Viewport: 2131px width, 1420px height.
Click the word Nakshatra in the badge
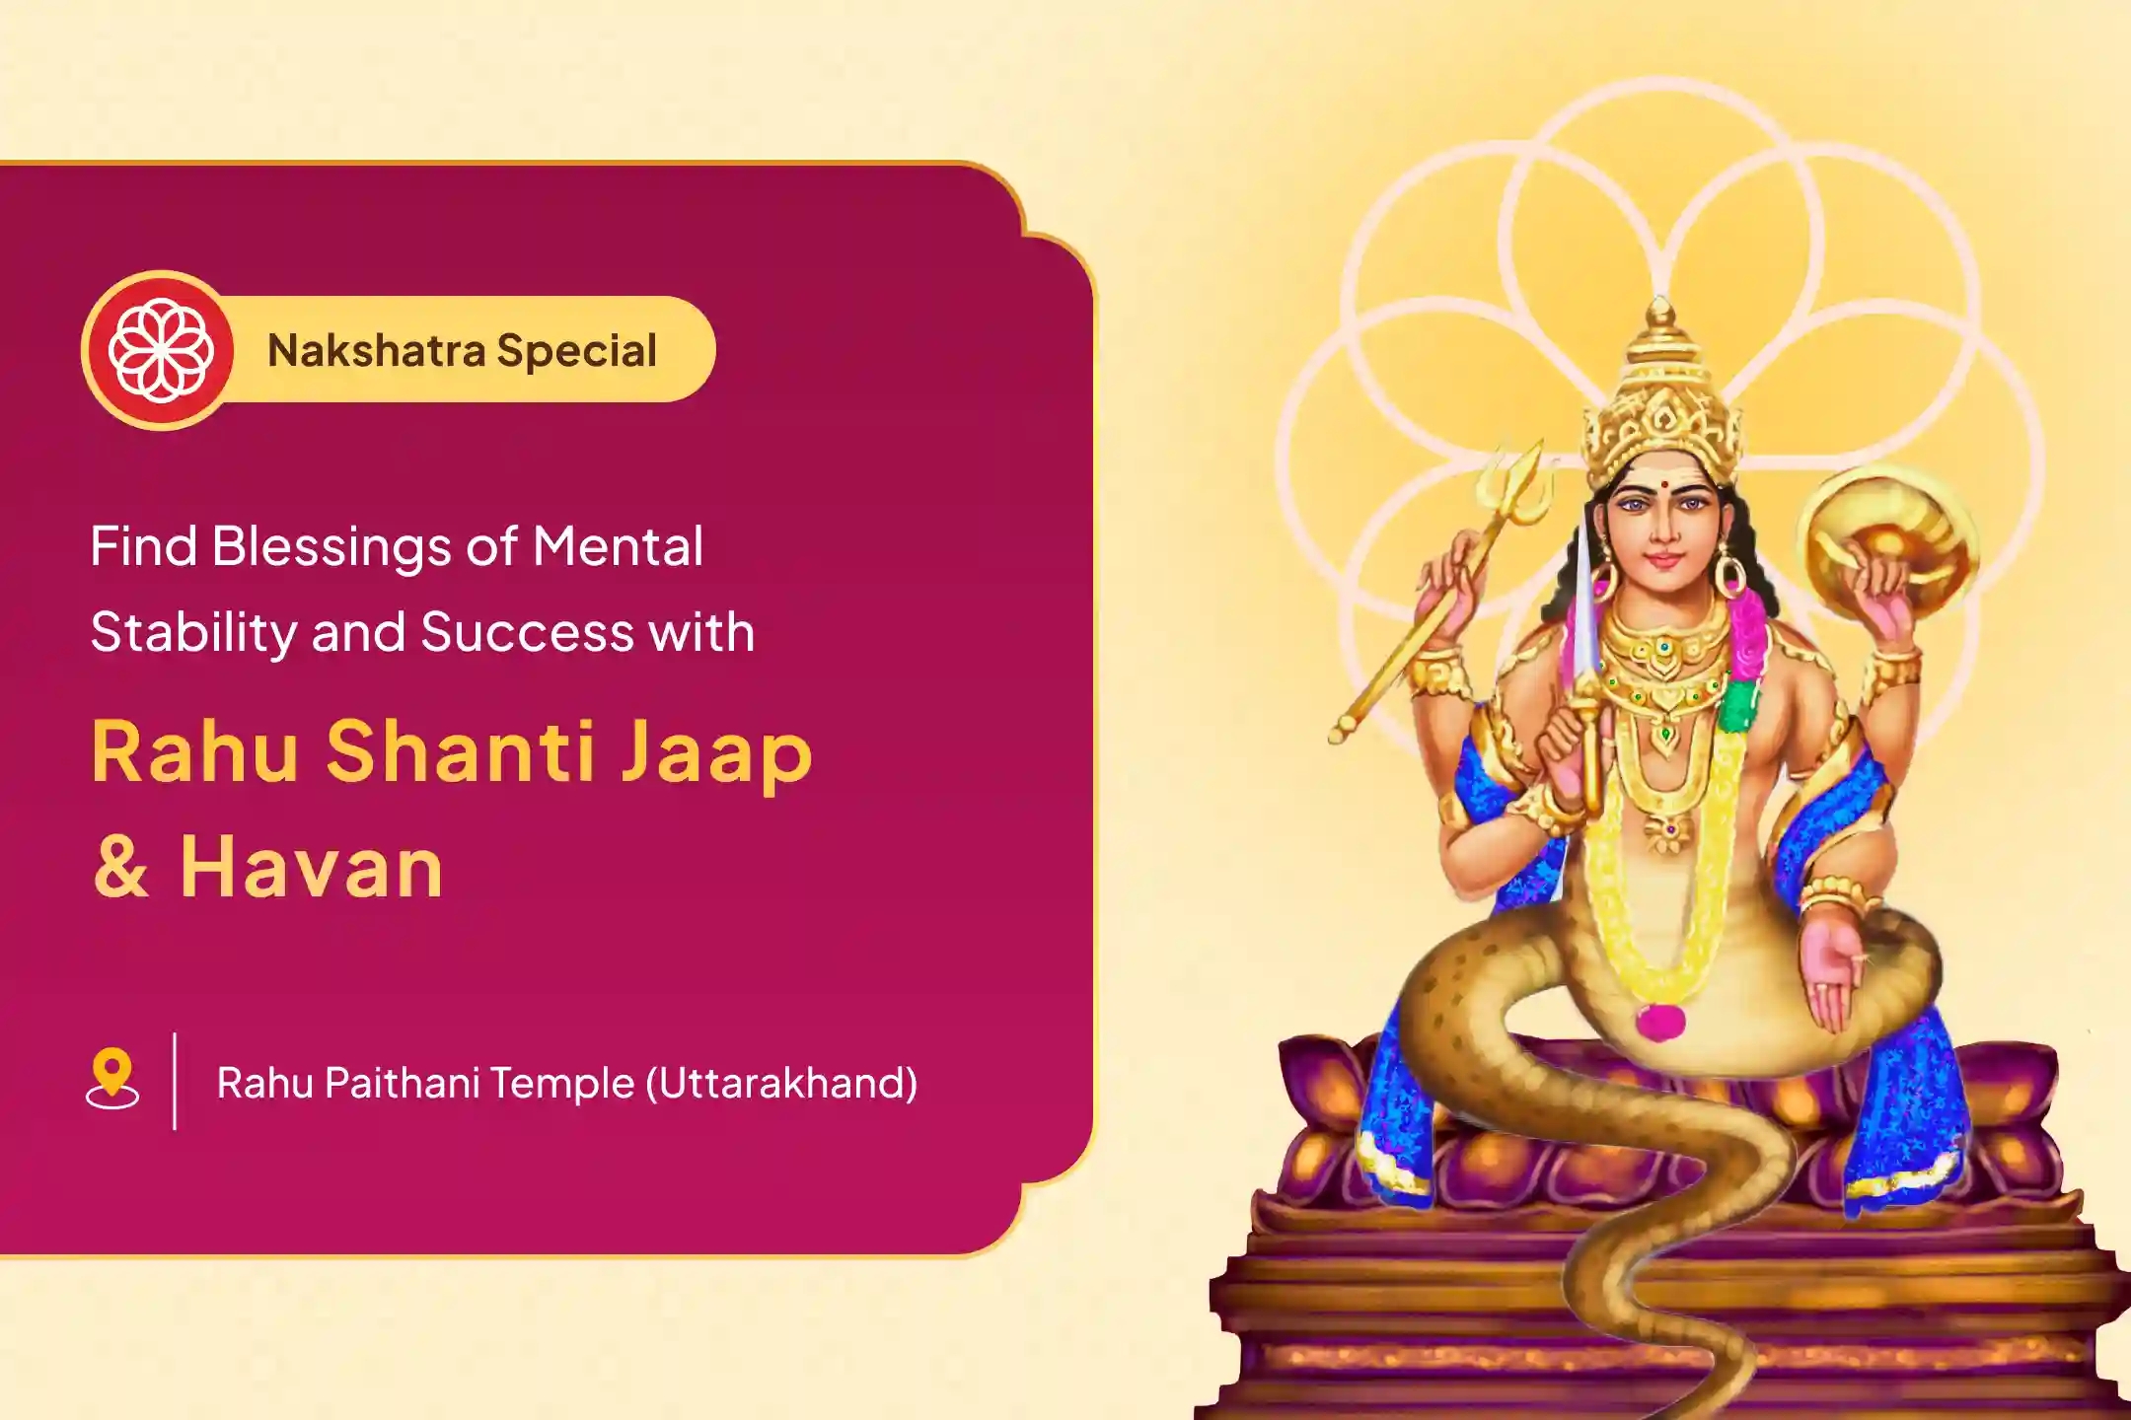376,351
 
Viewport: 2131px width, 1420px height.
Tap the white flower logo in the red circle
161,351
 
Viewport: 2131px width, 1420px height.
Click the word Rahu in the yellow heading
194,752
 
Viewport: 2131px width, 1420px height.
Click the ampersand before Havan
121,867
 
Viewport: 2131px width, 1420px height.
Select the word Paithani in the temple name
402,1084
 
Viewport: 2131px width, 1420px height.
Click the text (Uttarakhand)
781,1084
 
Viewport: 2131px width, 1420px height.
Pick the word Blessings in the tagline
335,547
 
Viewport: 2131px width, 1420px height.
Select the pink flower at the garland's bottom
1658,1021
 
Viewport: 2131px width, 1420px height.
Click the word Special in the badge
576,351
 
